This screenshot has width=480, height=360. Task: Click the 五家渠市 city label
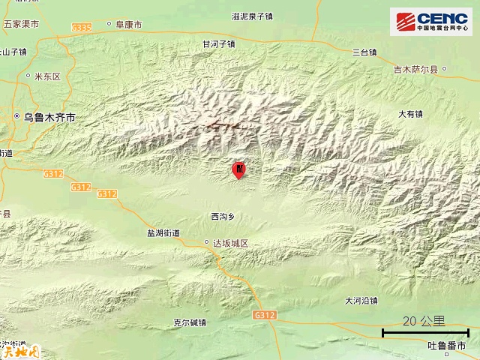20,24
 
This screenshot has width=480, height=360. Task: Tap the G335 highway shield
82,28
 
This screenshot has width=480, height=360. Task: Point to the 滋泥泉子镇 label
253,15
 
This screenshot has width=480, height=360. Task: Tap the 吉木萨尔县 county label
418,70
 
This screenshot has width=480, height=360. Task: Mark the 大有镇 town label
410,114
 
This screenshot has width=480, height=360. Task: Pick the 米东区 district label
46,76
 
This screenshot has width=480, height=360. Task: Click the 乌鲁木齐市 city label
49,117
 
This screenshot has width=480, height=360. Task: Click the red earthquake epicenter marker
238,170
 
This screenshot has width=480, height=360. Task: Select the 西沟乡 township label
223,217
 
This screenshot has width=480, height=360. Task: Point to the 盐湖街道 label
163,233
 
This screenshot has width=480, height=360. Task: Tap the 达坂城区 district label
230,243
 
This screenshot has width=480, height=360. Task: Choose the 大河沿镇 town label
361,301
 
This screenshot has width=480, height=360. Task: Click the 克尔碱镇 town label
189,323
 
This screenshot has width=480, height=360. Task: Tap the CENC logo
430,21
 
